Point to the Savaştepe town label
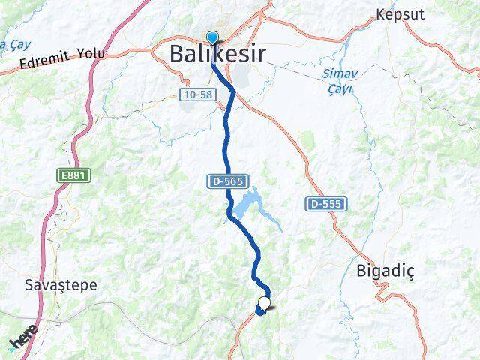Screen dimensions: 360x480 pyautogui.click(x=61, y=285)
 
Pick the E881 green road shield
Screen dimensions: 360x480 pyautogui.click(x=70, y=175)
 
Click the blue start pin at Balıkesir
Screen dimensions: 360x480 pyautogui.click(x=213, y=38)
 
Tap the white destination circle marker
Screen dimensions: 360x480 pyautogui.click(x=264, y=303)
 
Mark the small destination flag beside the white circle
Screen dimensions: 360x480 pyautogui.click(x=271, y=307)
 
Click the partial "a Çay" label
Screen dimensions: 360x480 pyautogui.click(x=13, y=43)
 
